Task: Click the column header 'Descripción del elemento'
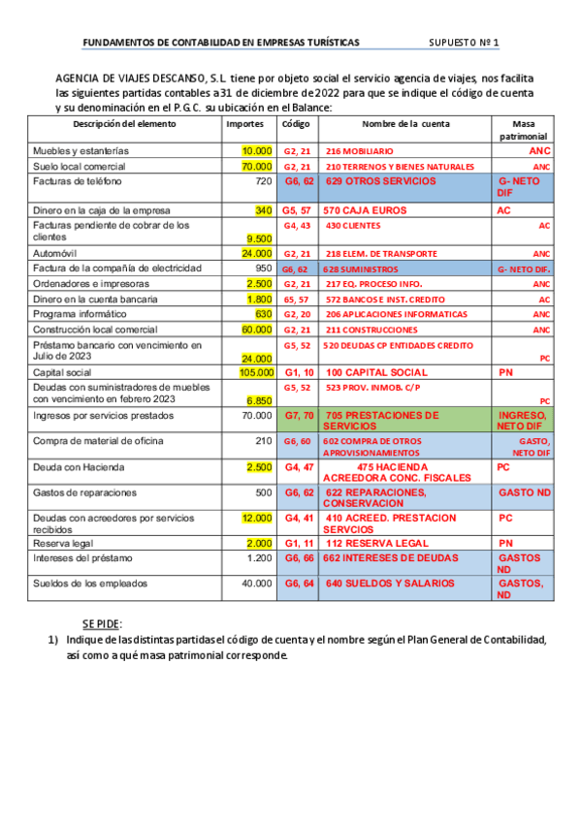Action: pos(125,125)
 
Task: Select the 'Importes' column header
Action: pos(244,125)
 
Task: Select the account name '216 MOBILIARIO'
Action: pos(360,152)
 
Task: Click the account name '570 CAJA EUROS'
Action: pos(365,210)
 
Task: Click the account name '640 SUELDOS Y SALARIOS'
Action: pos(390,584)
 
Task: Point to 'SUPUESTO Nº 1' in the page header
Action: pos(464,44)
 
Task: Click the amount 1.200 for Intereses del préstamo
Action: pos(259,558)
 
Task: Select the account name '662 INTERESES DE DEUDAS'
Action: pos(387,558)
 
